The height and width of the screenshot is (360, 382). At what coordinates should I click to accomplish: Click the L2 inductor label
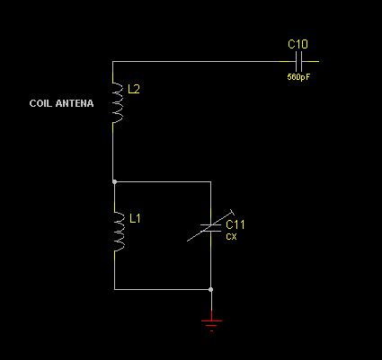point(134,89)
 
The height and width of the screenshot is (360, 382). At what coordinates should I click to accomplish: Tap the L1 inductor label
point(135,218)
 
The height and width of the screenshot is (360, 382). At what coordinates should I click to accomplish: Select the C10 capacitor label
point(298,44)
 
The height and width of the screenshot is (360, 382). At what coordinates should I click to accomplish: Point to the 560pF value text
point(298,77)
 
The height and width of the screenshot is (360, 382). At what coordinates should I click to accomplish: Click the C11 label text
point(235,224)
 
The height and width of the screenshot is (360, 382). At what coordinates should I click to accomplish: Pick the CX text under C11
point(231,237)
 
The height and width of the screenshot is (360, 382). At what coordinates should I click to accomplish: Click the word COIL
point(40,103)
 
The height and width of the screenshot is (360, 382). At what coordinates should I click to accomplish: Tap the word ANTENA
point(75,103)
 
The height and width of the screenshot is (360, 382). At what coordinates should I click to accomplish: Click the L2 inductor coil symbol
point(118,102)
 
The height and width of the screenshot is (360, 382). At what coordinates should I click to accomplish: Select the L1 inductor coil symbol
point(120,231)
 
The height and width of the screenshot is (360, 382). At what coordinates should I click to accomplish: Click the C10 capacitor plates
point(298,62)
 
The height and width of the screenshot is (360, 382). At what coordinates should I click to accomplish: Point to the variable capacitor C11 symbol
point(211,225)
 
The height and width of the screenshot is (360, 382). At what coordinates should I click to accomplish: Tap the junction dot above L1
point(114,181)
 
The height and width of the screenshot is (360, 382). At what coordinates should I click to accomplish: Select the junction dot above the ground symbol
point(211,289)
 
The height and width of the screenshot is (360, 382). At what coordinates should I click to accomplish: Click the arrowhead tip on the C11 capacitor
point(234,210)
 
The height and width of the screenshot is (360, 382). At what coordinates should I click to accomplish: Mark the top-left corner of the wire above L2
point(112,62)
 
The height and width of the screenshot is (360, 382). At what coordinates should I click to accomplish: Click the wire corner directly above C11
point(211,181)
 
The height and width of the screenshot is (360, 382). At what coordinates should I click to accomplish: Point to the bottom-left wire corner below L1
point(114,289)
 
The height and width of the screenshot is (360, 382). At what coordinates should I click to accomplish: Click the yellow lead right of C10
point(310,62)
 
